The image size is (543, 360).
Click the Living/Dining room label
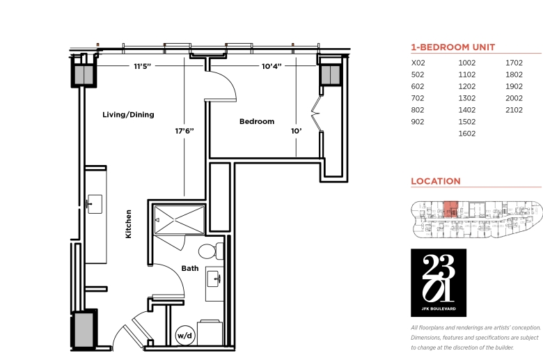128,115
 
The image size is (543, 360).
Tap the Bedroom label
257,122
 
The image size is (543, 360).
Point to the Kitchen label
129,224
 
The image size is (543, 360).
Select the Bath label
190,268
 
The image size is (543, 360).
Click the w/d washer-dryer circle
184,336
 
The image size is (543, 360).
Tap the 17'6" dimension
184,131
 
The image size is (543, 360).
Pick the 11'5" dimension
142,66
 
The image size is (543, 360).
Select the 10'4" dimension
271,66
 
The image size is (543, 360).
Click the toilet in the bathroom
211,251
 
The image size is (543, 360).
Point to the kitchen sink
95,204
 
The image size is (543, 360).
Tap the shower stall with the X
180,219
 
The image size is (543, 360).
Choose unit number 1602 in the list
467,134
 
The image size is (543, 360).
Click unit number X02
418,63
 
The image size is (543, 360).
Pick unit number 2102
514,110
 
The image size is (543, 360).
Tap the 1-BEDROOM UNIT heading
453,47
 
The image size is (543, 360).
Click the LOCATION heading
436,181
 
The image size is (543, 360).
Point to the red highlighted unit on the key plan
450,209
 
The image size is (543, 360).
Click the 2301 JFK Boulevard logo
439,283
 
